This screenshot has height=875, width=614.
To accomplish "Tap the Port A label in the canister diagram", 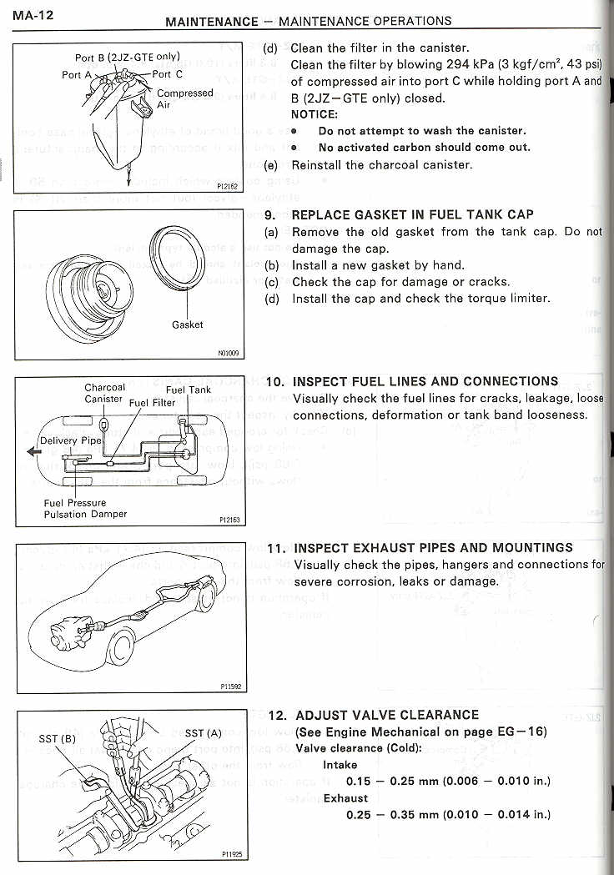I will coord(77,74).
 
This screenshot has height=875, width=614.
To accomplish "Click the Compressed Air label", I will coord(184,99).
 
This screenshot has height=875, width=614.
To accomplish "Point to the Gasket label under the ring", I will coord(188,324).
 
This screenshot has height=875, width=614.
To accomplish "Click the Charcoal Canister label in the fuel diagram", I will coord(104,393).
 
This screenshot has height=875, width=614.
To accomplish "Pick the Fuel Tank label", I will coord(189,390).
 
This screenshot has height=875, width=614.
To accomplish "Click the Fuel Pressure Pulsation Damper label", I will coord(85,509).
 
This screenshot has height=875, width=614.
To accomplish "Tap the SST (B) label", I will coord(58,738).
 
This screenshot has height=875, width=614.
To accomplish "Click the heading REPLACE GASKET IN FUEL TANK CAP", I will coord(413,214).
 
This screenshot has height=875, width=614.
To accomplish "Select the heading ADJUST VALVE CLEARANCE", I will coord(386,715).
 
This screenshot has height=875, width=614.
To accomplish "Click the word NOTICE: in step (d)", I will coord(314,114).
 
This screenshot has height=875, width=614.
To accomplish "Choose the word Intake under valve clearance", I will coord(340,765).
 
